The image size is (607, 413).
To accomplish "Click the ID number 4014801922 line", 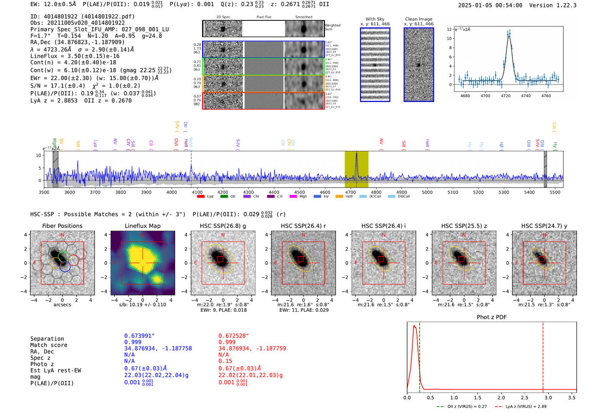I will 82,16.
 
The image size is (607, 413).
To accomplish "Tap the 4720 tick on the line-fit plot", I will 506,96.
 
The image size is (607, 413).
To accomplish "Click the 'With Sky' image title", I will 375,19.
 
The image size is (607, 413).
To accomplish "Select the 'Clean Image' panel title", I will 418,19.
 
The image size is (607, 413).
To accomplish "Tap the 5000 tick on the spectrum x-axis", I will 427,192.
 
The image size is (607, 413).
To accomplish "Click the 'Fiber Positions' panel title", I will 62,226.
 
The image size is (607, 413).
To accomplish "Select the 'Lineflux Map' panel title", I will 142,226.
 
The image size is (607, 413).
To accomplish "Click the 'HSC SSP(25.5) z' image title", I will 464,226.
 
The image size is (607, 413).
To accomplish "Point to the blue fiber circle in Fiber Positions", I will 65,267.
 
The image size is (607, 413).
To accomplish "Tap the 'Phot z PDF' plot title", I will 491,317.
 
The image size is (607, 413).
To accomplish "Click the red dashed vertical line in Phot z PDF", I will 543,355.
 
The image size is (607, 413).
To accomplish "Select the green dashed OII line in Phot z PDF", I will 420,355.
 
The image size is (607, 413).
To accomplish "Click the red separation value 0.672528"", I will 234,336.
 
